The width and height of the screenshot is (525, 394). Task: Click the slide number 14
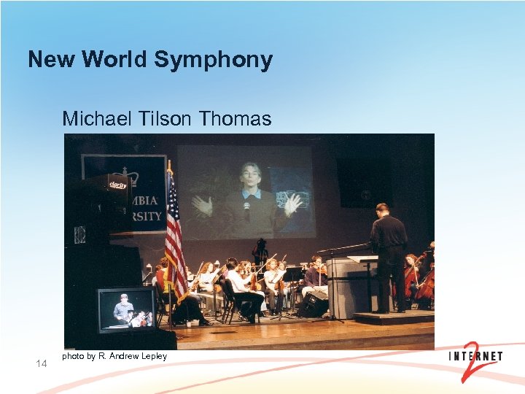pos(42,363)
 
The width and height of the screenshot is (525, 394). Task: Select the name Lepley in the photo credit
pos(154,356)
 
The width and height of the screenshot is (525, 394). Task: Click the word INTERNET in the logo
pos(475,357)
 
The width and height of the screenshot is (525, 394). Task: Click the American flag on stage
pos(174,233)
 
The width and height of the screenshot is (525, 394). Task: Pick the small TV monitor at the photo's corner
pos(125,309)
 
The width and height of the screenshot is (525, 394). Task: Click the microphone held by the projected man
pos(247,209)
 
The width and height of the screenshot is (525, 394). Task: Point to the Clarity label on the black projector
pos(117,186)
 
